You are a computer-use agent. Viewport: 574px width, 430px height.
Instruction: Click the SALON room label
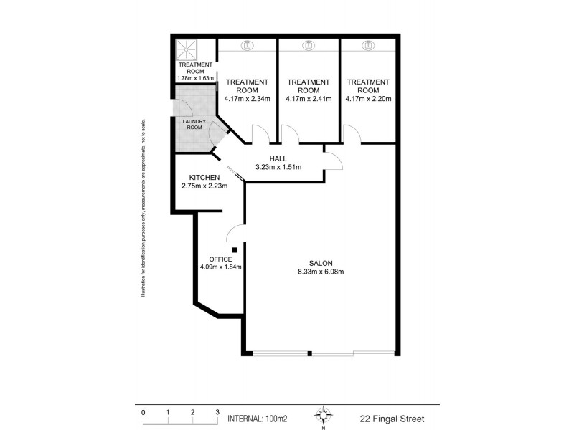click(x=321, y=262)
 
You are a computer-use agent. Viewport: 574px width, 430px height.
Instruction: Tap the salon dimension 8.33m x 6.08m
click(x=321, y=272)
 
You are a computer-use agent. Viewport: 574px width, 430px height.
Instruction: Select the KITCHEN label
click(x=204, y=177)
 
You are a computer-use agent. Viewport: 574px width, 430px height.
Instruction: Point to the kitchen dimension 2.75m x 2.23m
click(x=204, y=186)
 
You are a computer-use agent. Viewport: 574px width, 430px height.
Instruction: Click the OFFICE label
click(x=220, y=259)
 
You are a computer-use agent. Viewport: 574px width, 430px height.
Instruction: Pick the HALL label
click(x=278, y=158)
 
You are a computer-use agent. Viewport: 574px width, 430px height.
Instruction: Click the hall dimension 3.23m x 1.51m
click(x=278, y=167)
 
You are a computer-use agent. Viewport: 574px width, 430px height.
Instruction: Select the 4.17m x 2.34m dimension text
click(x=247, y=100)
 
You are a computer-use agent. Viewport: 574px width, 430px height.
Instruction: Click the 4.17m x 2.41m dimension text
click(x=308, y=100)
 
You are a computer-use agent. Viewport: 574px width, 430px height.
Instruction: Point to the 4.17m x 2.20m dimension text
click(x=368, y=100)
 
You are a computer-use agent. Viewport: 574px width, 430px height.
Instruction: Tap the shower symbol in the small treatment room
click(x=188, y=50)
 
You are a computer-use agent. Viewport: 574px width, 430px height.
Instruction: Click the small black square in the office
click(x=234, y=249)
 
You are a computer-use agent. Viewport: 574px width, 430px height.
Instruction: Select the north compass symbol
click(x=324, y=415)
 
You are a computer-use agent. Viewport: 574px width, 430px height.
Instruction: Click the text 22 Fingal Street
click(x=393, y=418)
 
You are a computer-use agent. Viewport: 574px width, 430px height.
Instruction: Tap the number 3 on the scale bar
click(x=217, y=412)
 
